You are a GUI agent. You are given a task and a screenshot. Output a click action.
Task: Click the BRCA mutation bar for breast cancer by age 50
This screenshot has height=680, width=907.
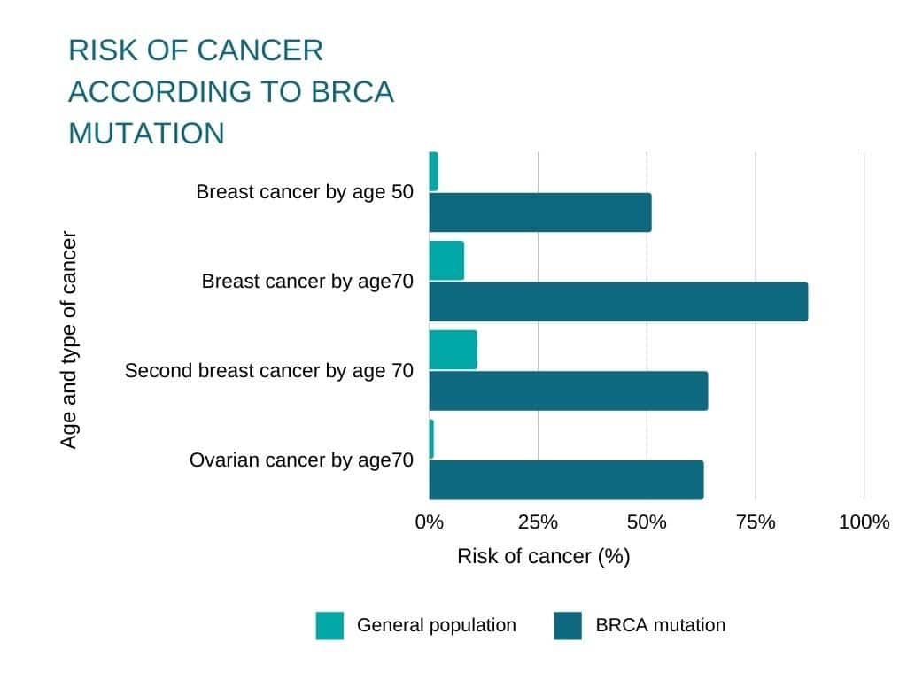click(540, 212)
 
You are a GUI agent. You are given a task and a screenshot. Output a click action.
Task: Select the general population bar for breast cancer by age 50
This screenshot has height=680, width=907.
click(434, 171)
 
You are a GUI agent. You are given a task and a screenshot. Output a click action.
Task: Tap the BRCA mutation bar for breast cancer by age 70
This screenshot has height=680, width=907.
click(618, 301)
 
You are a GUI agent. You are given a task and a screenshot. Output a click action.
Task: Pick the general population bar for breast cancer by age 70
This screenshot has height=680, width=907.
click(446, 260)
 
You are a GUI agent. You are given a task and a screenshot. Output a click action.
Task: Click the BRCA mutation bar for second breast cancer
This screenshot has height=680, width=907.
click(569, 390)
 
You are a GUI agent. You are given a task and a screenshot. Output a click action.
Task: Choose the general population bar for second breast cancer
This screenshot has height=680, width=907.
click(453, 350)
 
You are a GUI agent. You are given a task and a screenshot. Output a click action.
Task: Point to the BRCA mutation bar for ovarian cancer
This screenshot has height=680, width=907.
click(566, 479)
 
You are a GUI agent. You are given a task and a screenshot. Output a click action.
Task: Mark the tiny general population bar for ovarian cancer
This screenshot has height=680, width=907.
click(431, 439)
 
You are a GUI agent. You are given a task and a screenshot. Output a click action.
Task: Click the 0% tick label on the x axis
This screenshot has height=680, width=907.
click(430, 522)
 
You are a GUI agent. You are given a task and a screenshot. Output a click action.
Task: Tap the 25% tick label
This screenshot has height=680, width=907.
click(538, 522)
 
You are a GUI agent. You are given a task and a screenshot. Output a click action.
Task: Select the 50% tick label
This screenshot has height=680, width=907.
click(647, 522)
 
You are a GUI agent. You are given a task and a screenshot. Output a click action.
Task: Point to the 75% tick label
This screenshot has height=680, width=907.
click(756, 522)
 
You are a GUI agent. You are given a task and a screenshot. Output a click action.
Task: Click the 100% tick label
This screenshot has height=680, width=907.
click(864, 522)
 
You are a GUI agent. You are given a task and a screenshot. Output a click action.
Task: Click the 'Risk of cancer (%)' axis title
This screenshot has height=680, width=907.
click(543, 556)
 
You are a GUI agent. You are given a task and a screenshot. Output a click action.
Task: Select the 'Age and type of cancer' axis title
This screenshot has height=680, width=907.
click(69, 340)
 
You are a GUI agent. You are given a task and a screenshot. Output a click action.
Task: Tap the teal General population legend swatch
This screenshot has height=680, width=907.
click(329, 625)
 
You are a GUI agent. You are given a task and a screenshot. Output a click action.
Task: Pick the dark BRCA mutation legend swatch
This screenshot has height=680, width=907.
click(568, 625)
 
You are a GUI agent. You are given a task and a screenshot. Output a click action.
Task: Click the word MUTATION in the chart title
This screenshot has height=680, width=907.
click(146, 133)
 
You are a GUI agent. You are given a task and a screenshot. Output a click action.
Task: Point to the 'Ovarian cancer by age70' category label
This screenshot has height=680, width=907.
click(301, 460)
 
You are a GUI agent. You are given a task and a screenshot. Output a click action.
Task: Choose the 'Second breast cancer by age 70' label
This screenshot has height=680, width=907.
click(268, 370)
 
